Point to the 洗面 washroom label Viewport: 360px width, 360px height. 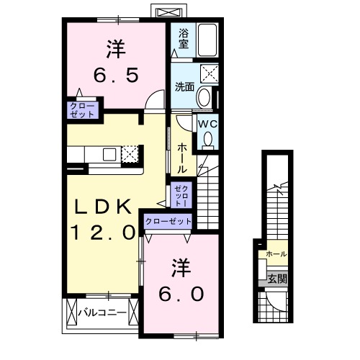(184, 87)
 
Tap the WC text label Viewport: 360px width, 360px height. (207, 123)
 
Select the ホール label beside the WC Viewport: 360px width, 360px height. (182, 156)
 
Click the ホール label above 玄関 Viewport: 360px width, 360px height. (276, 254)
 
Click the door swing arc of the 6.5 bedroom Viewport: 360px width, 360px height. (152, 102)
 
